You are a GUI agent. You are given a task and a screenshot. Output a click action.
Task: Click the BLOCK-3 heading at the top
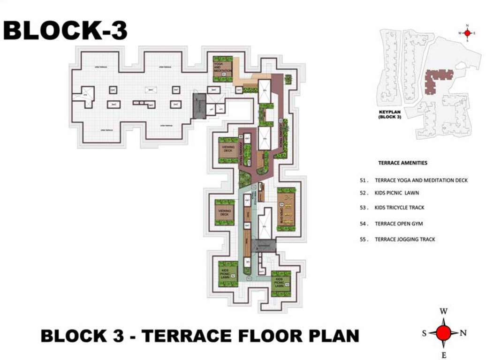point(65,30)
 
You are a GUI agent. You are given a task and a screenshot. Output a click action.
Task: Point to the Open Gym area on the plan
point(286,209)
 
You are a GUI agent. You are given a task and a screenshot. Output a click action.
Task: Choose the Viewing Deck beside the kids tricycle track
point(224,212)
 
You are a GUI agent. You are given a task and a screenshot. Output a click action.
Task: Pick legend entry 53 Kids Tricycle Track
point(400,207)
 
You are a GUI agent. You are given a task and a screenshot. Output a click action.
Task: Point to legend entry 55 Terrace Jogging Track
point(401,239)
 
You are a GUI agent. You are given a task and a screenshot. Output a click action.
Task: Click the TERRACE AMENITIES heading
point(402,163)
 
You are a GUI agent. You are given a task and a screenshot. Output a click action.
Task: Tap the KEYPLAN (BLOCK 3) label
point(390,115)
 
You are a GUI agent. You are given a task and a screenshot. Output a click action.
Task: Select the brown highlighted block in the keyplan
point(436,77)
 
